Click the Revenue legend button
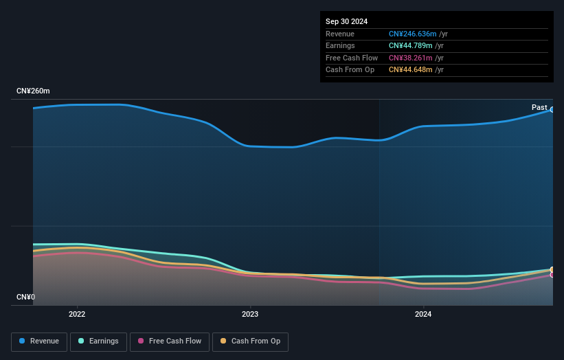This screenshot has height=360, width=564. tap(39, 341)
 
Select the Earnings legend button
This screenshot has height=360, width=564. tap(98, 341)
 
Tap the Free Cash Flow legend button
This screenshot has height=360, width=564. tap(169, 341)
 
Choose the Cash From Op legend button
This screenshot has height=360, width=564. tap(250, 341)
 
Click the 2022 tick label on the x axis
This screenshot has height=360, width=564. tap(77, 315)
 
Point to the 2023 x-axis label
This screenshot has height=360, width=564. tap(250, 315)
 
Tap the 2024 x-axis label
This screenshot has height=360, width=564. tap(423, 315)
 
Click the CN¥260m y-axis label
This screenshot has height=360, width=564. tap(33, 91)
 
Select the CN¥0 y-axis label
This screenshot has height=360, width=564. tap(25, 297)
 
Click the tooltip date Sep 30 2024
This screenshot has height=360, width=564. tap(346, 21)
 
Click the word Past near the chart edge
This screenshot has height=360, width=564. tap(539, 108)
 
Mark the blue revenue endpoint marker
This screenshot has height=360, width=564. tap(552, 110)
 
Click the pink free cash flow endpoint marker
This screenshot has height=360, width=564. tap(552, 275)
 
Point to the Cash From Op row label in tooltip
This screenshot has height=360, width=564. tap(350, 69)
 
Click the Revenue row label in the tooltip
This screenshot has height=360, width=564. tap(340, 34)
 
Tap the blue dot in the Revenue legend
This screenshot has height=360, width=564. tap(23, 341)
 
